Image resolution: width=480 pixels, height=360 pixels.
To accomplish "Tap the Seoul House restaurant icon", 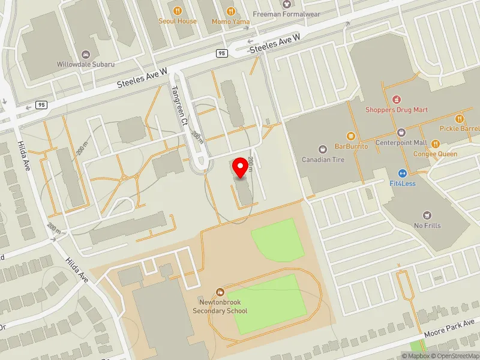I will tap(178, 11).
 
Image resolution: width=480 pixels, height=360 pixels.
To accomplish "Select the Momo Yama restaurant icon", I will tap(231, 11).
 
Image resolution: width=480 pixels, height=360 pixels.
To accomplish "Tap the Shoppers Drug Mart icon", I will tap(396, 99).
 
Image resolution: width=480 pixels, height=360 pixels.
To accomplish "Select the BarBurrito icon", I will tap(350, 136).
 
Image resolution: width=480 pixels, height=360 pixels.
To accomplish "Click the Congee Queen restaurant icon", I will tap(435, 143).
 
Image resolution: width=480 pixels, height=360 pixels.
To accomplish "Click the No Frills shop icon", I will tap(427, 215).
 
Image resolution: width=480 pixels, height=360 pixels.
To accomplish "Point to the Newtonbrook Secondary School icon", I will tap(220, 292).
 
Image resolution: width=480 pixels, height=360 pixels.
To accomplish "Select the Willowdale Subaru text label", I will tap(86, 64).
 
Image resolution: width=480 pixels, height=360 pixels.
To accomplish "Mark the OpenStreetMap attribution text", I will tap(454, 356).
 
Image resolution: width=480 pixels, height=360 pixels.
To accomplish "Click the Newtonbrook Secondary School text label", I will tap(220, 307).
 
